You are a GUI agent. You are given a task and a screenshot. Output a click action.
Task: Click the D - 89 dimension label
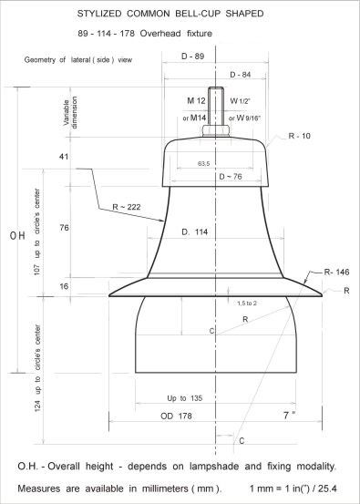[x=193, y=57]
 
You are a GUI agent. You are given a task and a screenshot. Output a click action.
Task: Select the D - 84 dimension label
[x=240, y=75]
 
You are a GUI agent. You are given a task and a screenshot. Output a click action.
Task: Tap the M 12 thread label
[x=196, y=100]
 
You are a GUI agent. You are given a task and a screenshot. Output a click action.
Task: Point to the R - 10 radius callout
[x=299, y=136]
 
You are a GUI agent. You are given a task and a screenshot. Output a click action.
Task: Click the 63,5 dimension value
[x=203, y=164]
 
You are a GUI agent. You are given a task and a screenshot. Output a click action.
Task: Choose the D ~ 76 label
[x=231, y=177]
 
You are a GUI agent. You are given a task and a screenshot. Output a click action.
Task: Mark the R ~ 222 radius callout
[x=127, y=207]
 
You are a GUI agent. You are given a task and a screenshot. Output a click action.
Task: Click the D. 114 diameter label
[x=195, y=231]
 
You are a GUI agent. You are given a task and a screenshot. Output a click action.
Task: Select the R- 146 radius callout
[x=336, y=273]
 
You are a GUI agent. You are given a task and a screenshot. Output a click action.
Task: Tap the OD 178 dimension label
[x=176, y=416]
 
